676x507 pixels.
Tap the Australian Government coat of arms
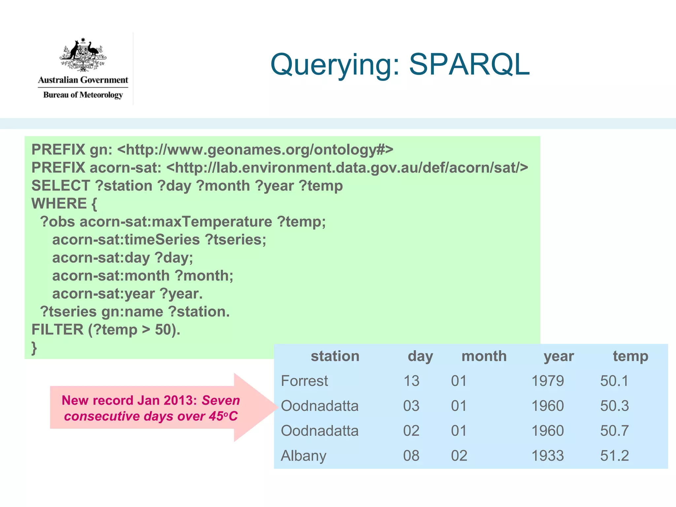(83, 55)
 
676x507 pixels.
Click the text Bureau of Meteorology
(83, 95)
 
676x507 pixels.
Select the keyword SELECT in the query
(61, 186)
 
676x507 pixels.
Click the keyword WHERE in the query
(59, 204)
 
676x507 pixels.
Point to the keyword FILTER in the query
(57, 330)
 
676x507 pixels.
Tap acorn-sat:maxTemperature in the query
(176, 222)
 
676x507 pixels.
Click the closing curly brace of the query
(34, 348)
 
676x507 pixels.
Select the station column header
(335, 356)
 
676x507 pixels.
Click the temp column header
(630, 356)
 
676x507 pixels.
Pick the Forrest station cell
(304, 381)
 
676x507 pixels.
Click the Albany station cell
(303, 456)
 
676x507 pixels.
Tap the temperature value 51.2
(614, 456)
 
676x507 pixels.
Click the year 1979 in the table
(548, 381)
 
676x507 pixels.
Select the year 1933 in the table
(548, 456)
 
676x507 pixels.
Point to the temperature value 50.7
(614, 431)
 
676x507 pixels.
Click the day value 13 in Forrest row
(411, 381)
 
